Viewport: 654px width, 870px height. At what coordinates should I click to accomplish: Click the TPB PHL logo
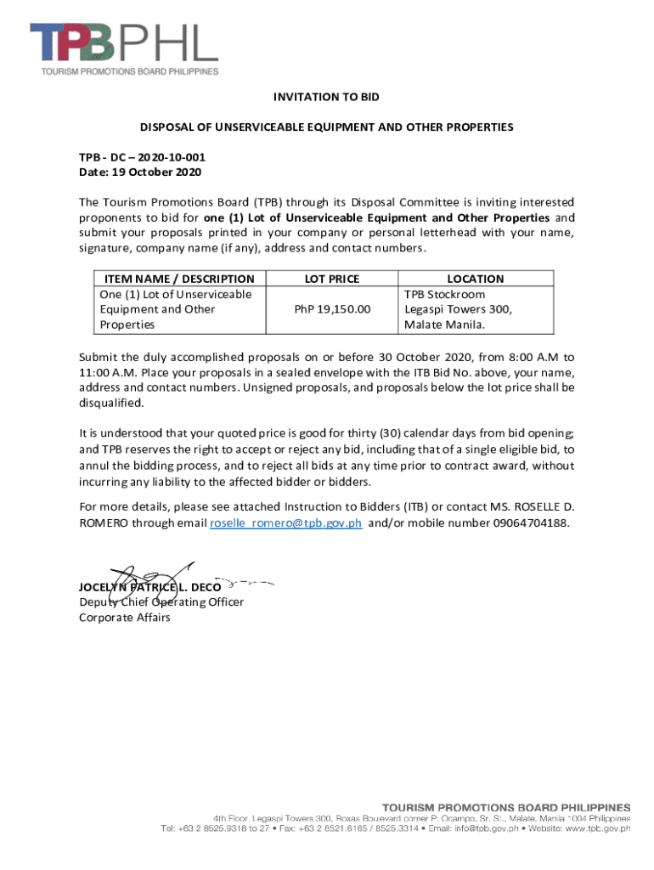point(124,47)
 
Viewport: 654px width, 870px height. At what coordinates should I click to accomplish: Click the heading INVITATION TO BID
point(326,98)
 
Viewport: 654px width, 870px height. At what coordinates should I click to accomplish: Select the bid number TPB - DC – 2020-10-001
point(142,158)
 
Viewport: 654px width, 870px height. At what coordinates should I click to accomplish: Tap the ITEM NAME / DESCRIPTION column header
point(179,279)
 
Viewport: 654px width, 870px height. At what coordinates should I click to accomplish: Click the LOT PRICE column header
point(332,279)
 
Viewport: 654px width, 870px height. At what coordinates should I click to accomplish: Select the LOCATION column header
point(476,279)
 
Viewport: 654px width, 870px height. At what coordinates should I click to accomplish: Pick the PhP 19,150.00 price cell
point(332,309)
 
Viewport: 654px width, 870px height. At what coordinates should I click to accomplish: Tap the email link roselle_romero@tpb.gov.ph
point(286,523)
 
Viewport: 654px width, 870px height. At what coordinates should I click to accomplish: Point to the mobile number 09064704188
point(531,523)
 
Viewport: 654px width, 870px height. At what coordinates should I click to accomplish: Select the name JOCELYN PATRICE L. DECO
point(149,587)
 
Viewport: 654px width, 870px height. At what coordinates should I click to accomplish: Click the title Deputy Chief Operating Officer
point(161,602)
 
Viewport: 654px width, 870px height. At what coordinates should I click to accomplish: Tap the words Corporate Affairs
point(124,617)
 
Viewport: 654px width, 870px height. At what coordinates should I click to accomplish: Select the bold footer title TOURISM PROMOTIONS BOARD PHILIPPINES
point(505,805)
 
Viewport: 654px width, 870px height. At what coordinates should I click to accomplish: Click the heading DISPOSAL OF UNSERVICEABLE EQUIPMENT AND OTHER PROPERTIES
point(326,127)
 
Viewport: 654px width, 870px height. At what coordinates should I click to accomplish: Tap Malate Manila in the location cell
point(444,325)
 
